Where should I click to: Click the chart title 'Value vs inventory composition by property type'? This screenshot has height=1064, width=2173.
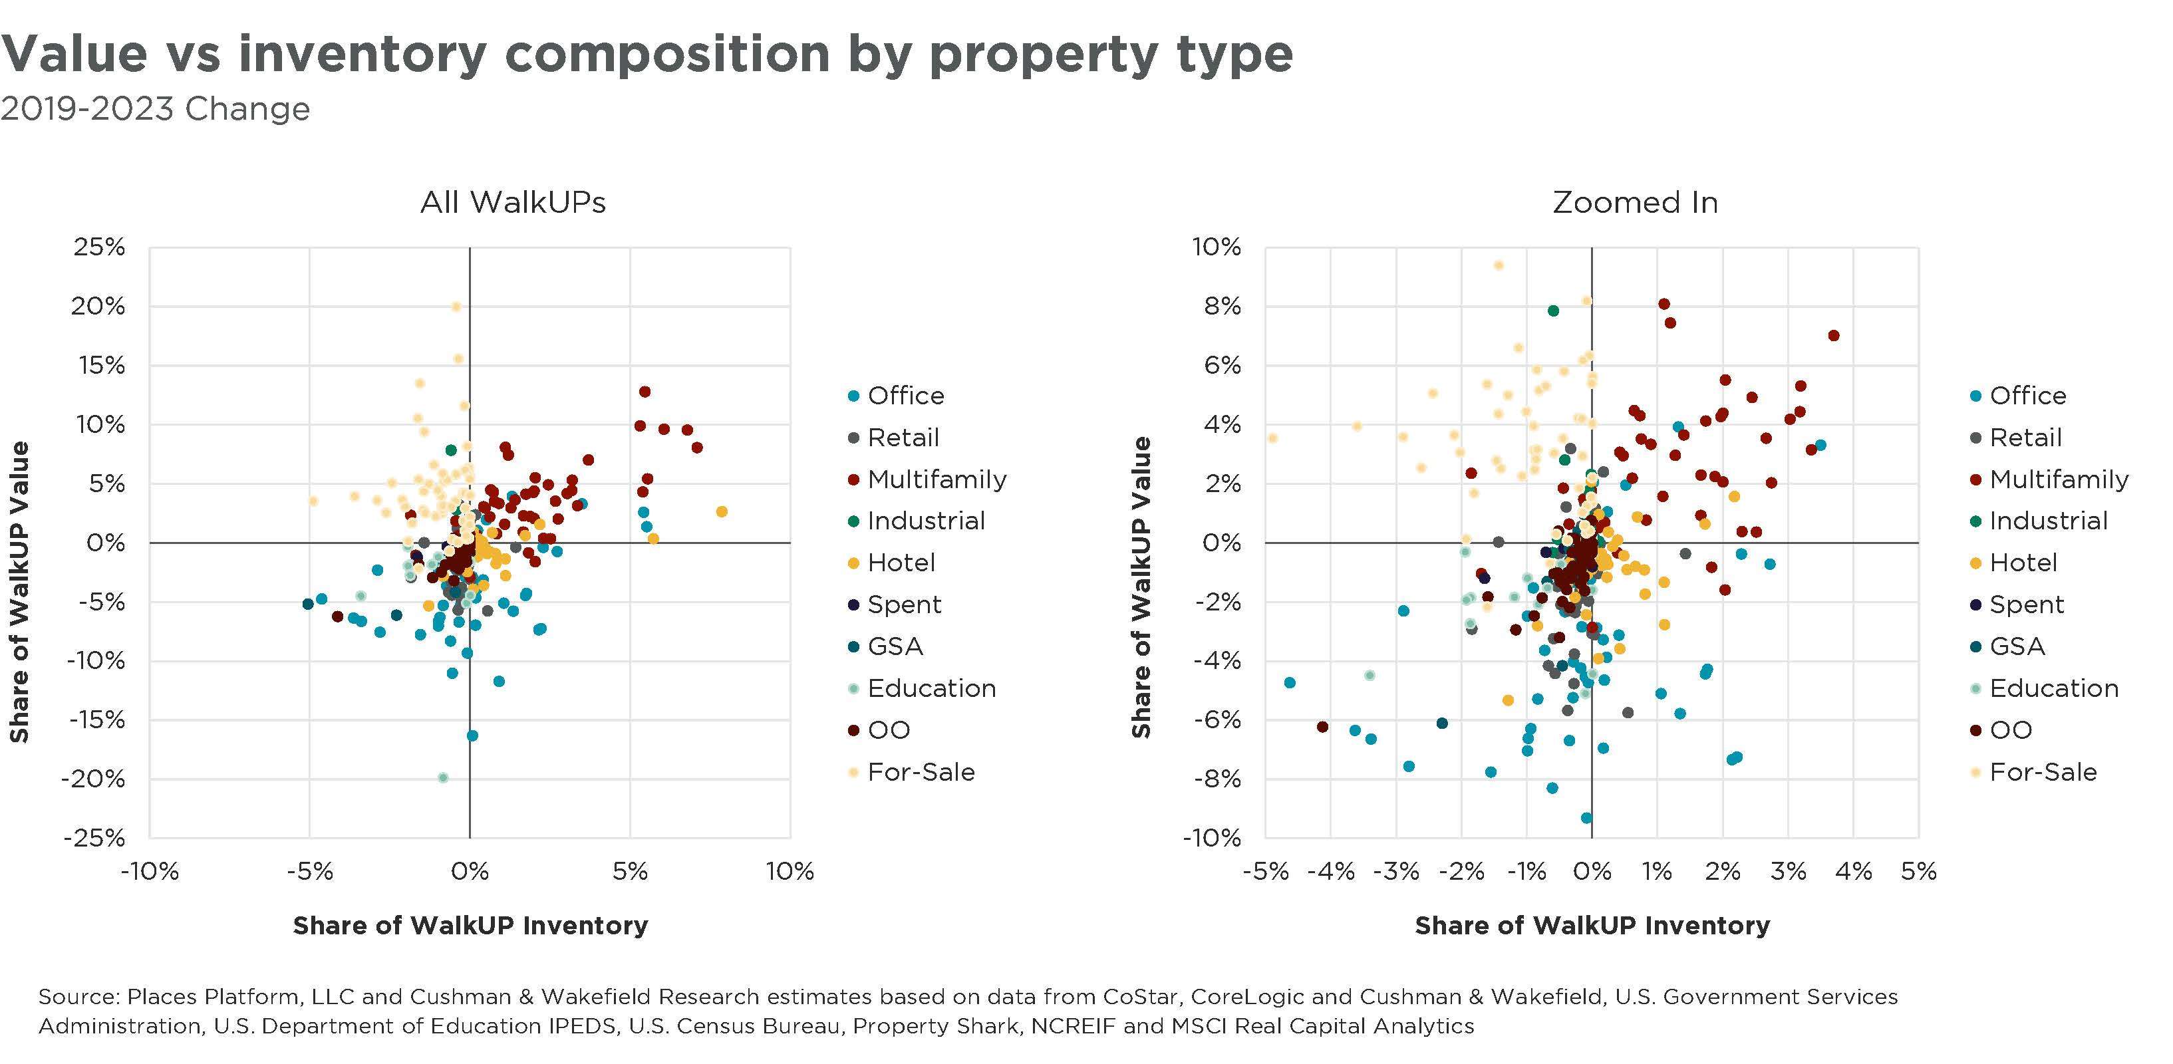(x=646, y=53)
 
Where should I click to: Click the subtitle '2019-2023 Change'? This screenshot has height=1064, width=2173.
(x=155, y=110)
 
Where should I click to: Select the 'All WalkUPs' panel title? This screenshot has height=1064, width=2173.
(x=513, y=202)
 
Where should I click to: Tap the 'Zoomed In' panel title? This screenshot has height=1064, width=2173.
(x=1635, y=202)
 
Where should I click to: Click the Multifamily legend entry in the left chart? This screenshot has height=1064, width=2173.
(x=937, y=479)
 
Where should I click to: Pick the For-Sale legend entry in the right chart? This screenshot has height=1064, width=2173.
(x=2042, y=771)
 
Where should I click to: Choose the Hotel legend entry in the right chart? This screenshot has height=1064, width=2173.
(x=2023, y=563)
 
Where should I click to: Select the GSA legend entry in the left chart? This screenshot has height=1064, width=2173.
(x=894, y=646)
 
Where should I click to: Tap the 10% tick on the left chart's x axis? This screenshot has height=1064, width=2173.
(x=790, y=871)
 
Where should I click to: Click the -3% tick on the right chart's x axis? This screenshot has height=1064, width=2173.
(x=1396, y=871)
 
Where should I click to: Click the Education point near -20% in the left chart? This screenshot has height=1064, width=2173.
(x=443, y=777)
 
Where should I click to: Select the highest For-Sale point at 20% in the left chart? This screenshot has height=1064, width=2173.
(x=456, y=307)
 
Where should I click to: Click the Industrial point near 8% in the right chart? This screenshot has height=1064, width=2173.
(x=1553, y=311)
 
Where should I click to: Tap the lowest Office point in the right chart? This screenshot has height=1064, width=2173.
(x=1586, y=818)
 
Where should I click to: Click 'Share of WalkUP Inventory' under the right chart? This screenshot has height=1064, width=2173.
(x=1592, y=926)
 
